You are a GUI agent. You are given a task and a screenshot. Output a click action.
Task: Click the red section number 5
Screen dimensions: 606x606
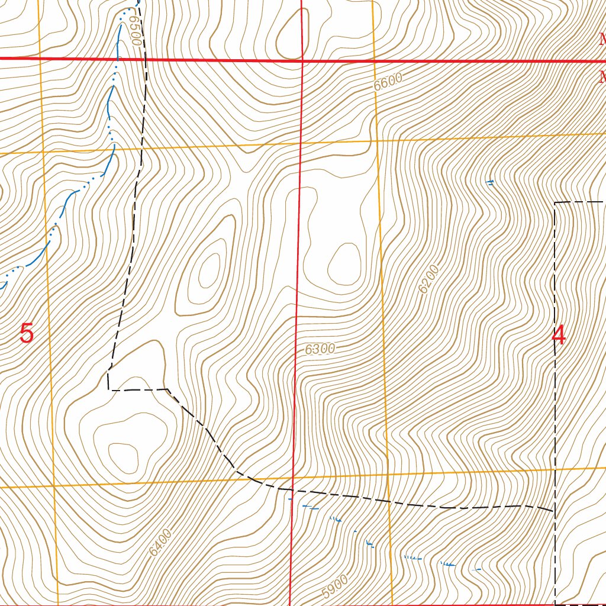tap(27, 334)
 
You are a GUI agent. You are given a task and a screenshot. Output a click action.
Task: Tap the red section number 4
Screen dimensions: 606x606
tap(558, 336)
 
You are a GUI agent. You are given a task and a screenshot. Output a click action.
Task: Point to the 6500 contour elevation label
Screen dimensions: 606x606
tap(134, 31)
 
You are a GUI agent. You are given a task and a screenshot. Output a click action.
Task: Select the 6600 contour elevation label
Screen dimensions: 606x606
tap(388, 81)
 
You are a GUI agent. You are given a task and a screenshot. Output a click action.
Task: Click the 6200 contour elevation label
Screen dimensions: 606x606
tap(429, 279)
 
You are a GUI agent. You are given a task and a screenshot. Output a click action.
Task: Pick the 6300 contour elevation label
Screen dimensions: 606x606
tap(320, 349)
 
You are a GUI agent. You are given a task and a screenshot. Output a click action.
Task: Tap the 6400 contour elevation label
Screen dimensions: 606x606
tap(160, 543)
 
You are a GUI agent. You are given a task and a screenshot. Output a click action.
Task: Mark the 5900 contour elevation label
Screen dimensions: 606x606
tap(335, 586)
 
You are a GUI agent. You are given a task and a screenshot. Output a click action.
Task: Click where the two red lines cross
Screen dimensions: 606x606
tap(302, 60)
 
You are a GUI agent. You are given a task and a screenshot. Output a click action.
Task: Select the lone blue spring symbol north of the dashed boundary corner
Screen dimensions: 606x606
tap(489, 182)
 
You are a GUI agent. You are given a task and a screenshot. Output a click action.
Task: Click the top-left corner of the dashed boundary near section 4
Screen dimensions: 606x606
tap(555, 202)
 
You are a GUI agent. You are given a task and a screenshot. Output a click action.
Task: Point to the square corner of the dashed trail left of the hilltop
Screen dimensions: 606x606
tap(109, 390)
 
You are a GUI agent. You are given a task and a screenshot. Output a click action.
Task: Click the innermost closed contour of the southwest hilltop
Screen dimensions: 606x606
tap(124, 456)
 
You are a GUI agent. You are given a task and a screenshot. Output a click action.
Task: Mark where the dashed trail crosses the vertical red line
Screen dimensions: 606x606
tap(294, 490)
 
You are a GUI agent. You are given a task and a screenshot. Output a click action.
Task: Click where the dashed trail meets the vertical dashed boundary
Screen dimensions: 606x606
tap(554, 510)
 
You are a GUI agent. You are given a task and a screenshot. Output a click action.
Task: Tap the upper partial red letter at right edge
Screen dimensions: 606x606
tap(602, 40)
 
